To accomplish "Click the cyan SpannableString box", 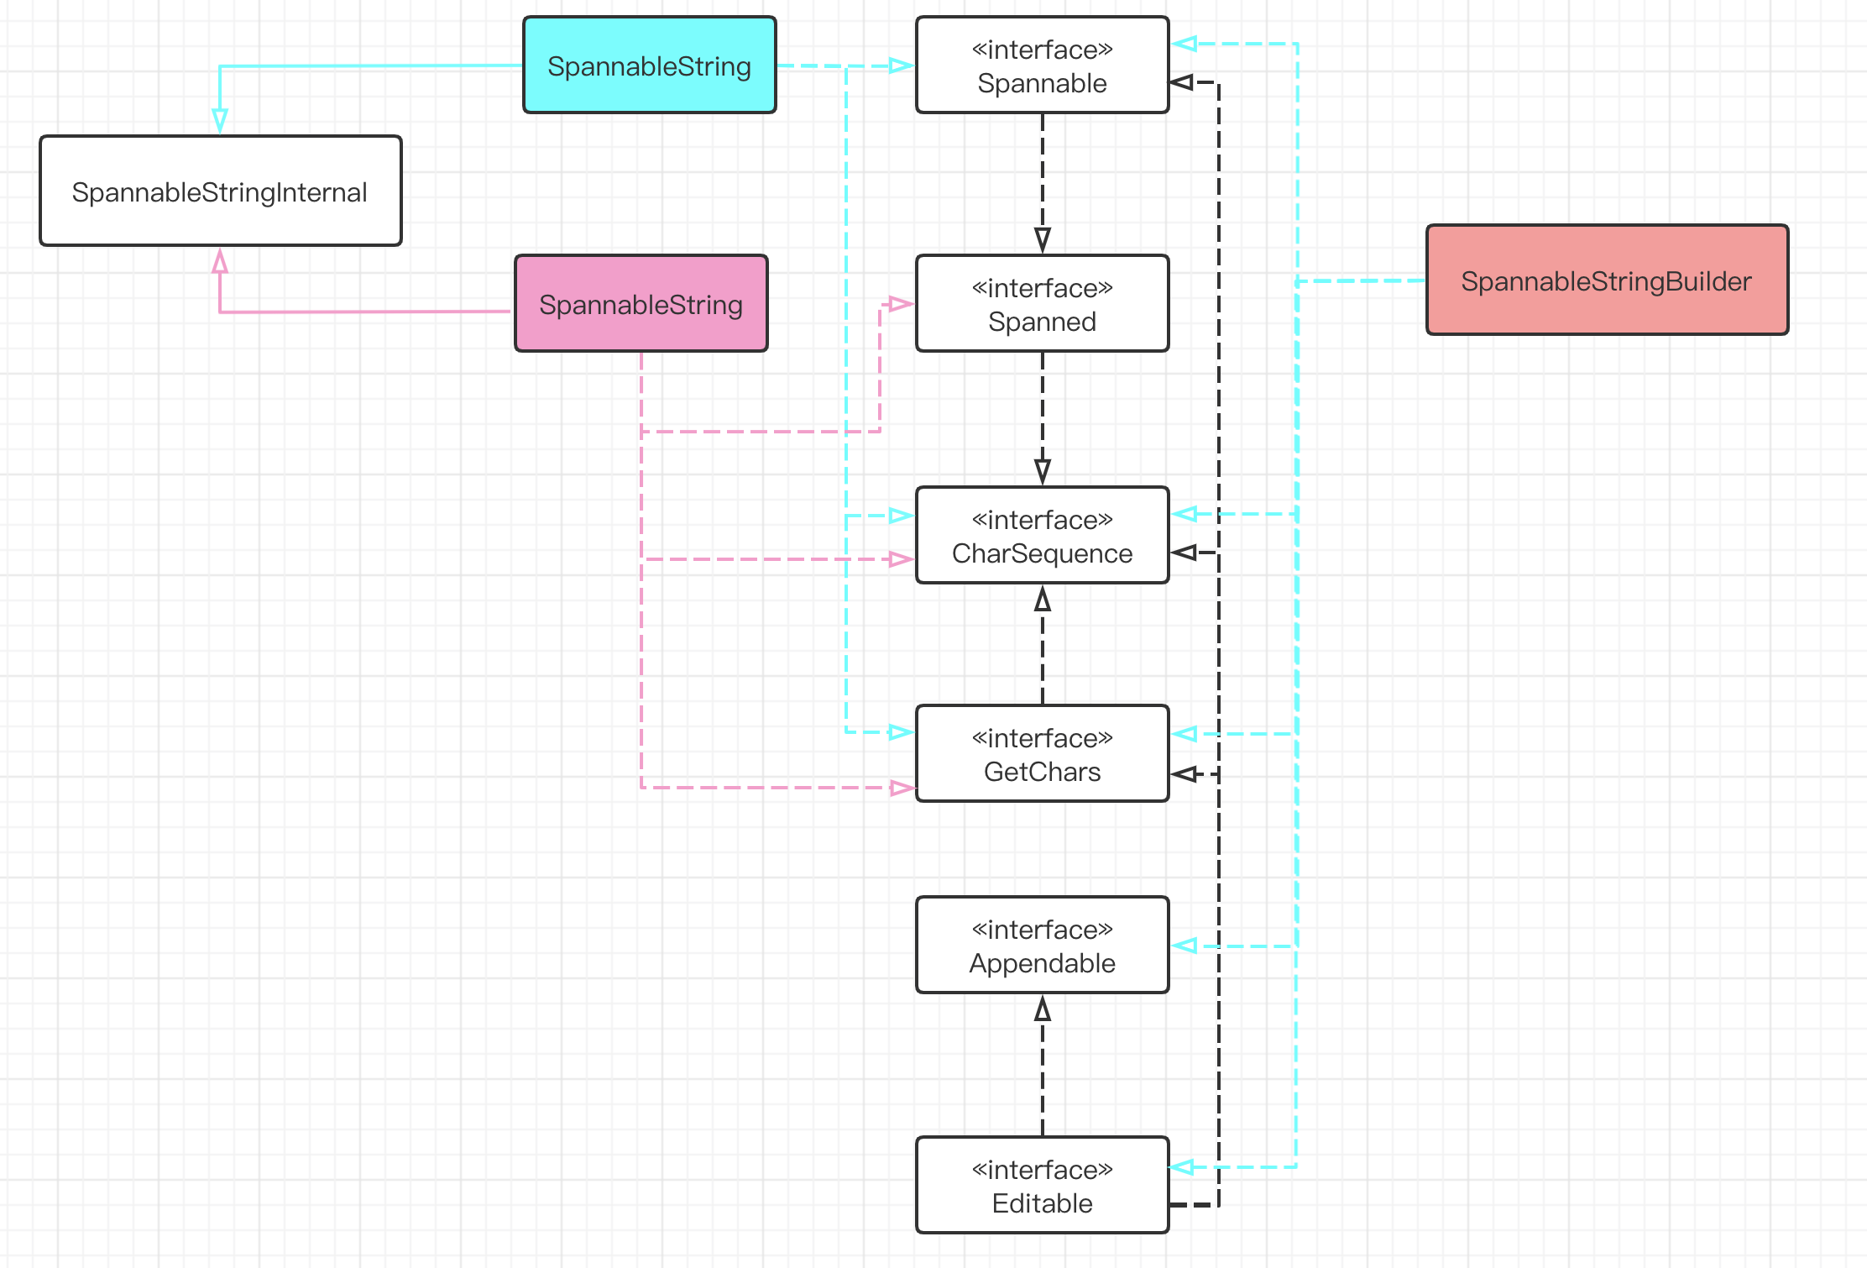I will click(x=649, y=65).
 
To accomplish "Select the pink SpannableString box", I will click(x=641, y=304).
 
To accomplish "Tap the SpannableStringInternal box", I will click(x=220, y=191).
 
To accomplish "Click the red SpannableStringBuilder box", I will click(x=1607, y=280).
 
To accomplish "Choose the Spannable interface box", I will click(x=1042, y=65).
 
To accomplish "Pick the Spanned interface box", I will click(x=1042, y=304).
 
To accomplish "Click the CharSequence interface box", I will click(x=1042, y=536).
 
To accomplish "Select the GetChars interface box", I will click(x=1042, y=754).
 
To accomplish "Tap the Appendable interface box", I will click(x=1042, y=946).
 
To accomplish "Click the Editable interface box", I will click(x=1042, y=1186).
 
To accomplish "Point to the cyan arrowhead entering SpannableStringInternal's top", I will click(x=220, y=122).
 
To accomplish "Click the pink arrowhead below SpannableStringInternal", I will click(x=220, y=260).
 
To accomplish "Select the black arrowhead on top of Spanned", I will click(x=1043, y=240).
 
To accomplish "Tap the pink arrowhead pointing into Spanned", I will click(x=901, y=304).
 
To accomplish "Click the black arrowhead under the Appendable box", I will click(x=1043, y=1008).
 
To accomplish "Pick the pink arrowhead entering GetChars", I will click(x=902, y=788).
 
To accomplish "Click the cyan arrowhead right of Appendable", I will click(x=1185, y=946).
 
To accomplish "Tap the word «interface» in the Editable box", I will click(x=1042, y=1170).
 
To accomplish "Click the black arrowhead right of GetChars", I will click(x=1184, y=774).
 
